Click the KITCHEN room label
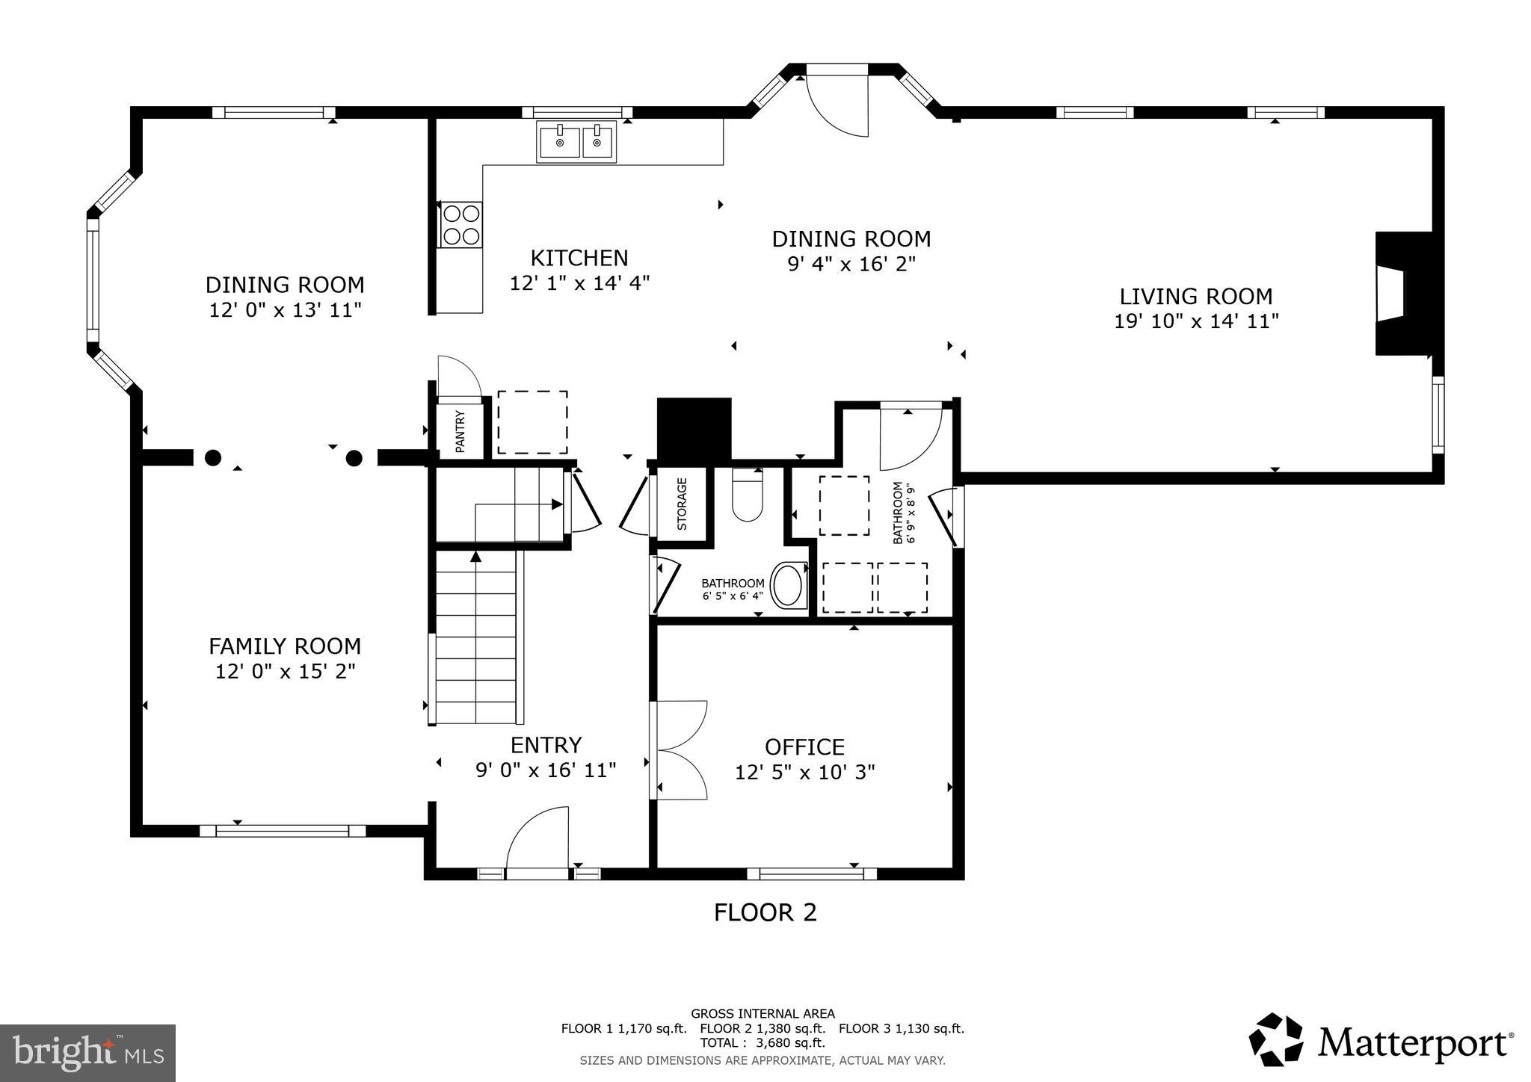click(579, 259)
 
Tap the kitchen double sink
click(576, 141)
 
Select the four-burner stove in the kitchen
click(460, 225)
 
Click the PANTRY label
click(460, 431)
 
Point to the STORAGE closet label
click(682, 504)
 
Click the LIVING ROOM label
click(1195, 297)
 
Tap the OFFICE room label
click(804, 747)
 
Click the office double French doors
click(679, 749)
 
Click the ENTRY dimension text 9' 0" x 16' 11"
click(546, 770)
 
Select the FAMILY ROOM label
click(285, 646)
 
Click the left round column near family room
click(214, 457)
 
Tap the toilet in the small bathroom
click(747, 497)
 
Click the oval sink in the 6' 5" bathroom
click(787, 585)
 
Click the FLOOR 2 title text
click(765, 912)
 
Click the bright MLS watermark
click(87, 1054)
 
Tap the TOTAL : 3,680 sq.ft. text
click(762, 1042)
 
